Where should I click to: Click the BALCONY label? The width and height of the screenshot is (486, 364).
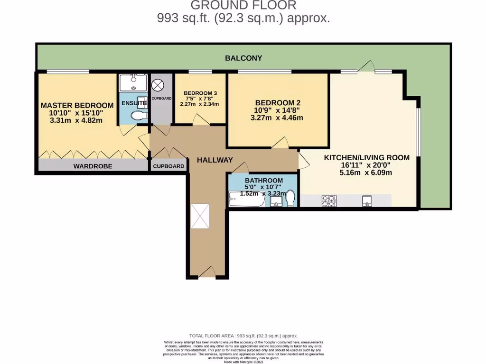point(243,58)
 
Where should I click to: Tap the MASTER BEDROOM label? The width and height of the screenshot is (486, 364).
point(77,105)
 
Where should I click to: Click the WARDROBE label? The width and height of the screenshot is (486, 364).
point(92,166)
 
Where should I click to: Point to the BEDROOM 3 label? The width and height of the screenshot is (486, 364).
point(199,93)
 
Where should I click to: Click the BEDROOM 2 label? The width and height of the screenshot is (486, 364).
point(278,102)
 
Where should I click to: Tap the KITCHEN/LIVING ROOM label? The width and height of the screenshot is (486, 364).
point(366,158)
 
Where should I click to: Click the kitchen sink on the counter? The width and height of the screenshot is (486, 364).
point(367,201)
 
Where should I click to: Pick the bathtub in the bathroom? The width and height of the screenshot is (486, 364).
point(246,200)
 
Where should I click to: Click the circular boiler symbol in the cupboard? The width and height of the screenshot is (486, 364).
point(157,85)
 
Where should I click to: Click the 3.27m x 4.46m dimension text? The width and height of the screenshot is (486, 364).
point(278,118)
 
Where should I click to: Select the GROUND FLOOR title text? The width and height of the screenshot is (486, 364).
point(243,6)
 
